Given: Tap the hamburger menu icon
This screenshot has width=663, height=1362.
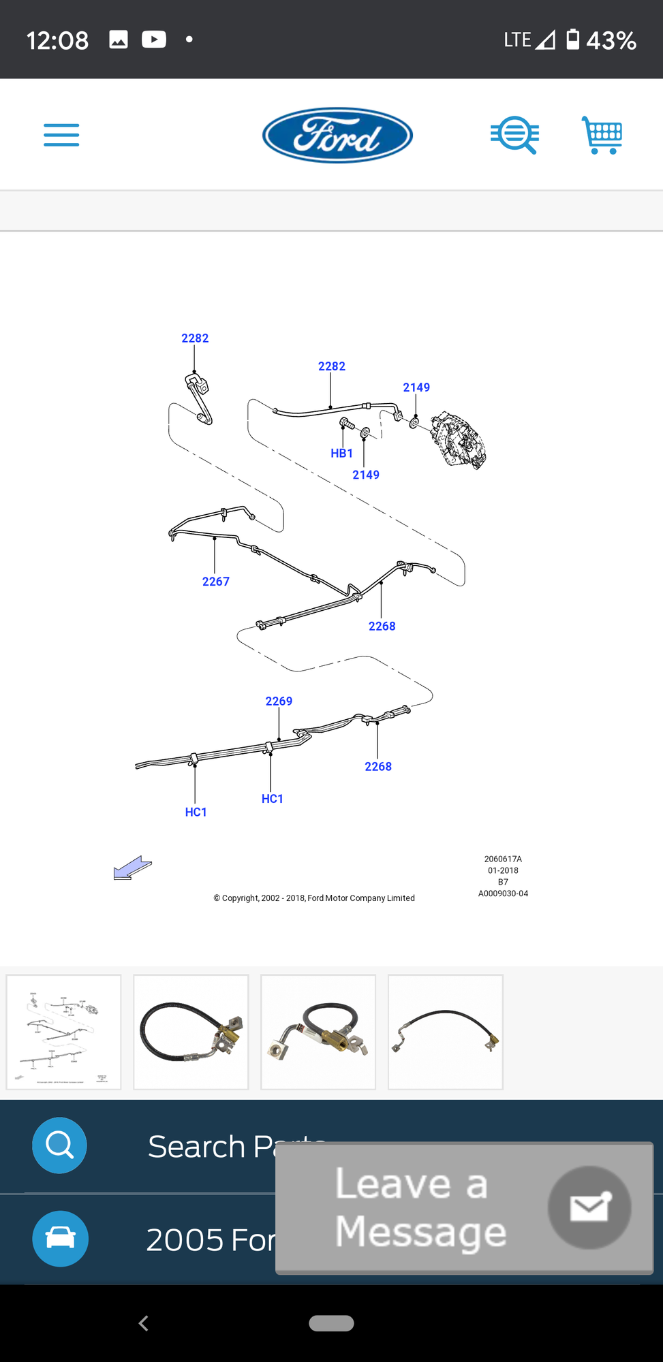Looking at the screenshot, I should pos(61,135).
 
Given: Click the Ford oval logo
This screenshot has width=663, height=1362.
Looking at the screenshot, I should pos(337,135).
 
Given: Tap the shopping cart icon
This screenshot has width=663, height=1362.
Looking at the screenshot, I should pos(602,135).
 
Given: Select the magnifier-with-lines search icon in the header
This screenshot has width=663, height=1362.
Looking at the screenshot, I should pos(515,135).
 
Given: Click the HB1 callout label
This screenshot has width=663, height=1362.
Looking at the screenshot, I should pos(341,454).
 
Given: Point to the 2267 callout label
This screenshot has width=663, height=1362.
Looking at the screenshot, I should pos(215,582).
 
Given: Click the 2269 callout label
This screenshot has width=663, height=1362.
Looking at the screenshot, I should pos(279,701).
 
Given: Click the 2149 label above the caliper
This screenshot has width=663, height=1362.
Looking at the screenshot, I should pos(416,387).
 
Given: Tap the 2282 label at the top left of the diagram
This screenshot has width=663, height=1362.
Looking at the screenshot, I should pos(195,338).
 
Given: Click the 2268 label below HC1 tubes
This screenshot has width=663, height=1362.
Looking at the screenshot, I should pos(378,767).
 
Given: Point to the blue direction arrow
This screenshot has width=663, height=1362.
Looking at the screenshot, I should pos(132,868).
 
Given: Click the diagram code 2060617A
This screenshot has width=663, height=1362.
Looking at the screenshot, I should pos(503,859).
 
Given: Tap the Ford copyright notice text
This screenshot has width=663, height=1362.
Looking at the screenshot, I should pos(314,898).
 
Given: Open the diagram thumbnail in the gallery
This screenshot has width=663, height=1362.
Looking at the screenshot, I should pos(64,1032).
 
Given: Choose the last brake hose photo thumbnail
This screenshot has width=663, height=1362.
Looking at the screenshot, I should pos(446,1032).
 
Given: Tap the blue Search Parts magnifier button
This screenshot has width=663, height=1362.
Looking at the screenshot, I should pos(59,1145).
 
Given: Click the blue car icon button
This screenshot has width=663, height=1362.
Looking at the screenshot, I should pos(60,1238).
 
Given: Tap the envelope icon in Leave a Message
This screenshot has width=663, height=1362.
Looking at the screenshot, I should pos(589,1207).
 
